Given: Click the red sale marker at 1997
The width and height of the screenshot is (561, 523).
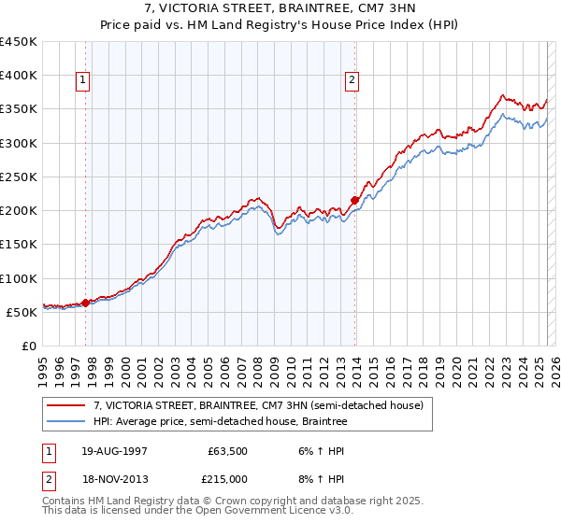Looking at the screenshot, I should (85, 303).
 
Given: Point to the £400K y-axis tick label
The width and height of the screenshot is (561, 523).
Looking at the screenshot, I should (19, 76).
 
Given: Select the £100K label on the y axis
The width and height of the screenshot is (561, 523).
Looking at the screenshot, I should (19, 278).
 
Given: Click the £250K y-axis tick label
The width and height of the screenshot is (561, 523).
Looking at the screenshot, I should (19, 177).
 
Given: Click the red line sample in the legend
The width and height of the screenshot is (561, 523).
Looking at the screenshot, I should (66, 405).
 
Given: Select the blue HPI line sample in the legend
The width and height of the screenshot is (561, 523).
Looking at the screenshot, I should (66, 422).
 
